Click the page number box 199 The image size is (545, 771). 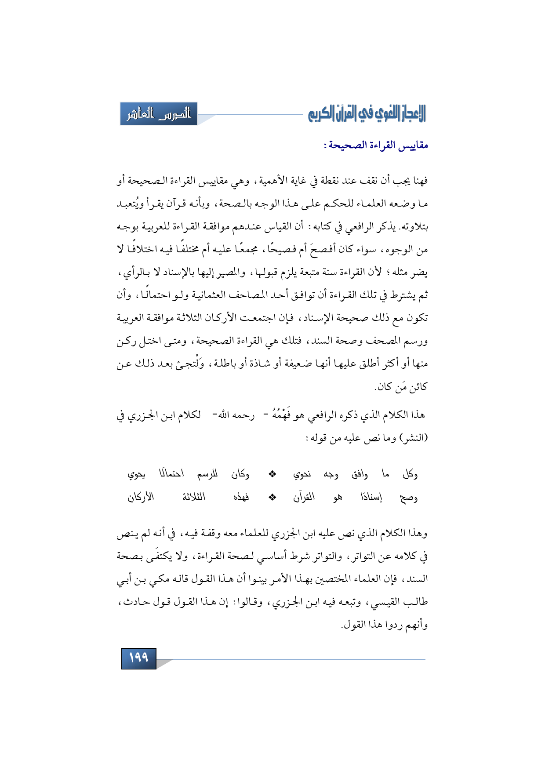pos(138,658)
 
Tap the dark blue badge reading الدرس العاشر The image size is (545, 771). pos(159,114)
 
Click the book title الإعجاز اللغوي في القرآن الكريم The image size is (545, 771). pos(367,114)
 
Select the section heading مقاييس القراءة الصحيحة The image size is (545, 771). pos(376,145)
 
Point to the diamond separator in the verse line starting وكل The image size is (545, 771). pos(272,474)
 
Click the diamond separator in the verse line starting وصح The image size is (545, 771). pos(272,498)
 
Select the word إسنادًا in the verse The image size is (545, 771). pos(371,498)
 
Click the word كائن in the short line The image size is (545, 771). pos(418,387)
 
